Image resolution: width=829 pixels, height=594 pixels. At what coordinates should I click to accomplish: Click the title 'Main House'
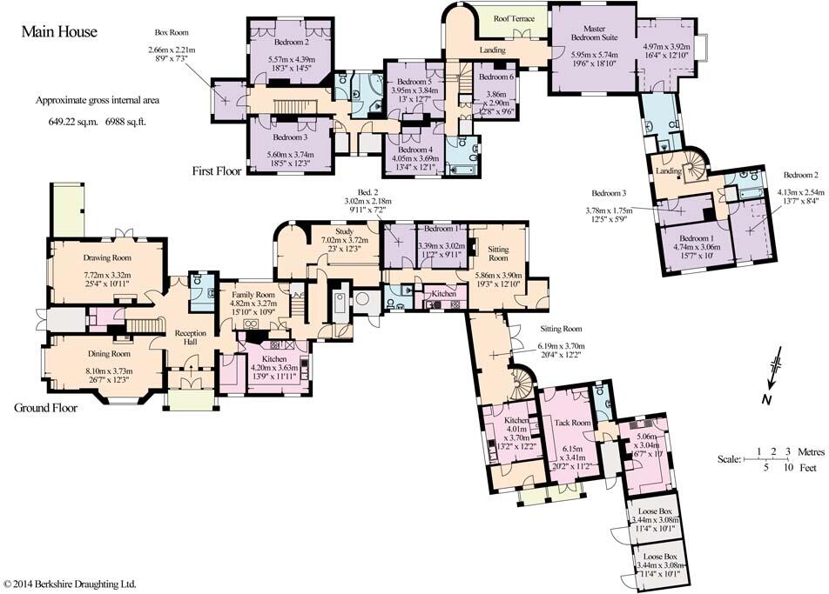pos(59,32)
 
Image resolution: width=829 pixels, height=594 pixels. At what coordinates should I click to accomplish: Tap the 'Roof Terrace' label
pos(515,18)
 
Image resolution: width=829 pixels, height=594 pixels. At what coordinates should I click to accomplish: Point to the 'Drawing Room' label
pos(107,257)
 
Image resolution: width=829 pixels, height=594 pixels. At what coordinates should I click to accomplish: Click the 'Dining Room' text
pos(108,354)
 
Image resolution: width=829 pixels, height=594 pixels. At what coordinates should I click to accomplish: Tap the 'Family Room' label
pos(253,295)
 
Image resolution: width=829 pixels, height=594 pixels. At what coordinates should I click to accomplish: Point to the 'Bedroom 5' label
pos(412,80)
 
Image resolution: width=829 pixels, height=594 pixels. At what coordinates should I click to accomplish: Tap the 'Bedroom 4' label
pos(413,149)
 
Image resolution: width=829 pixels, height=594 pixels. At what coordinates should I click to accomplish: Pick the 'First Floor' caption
pos(217,171)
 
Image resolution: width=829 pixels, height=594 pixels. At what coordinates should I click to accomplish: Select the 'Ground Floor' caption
pos(46,407)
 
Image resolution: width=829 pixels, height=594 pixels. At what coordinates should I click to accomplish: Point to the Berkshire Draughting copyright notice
pos(70,584)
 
